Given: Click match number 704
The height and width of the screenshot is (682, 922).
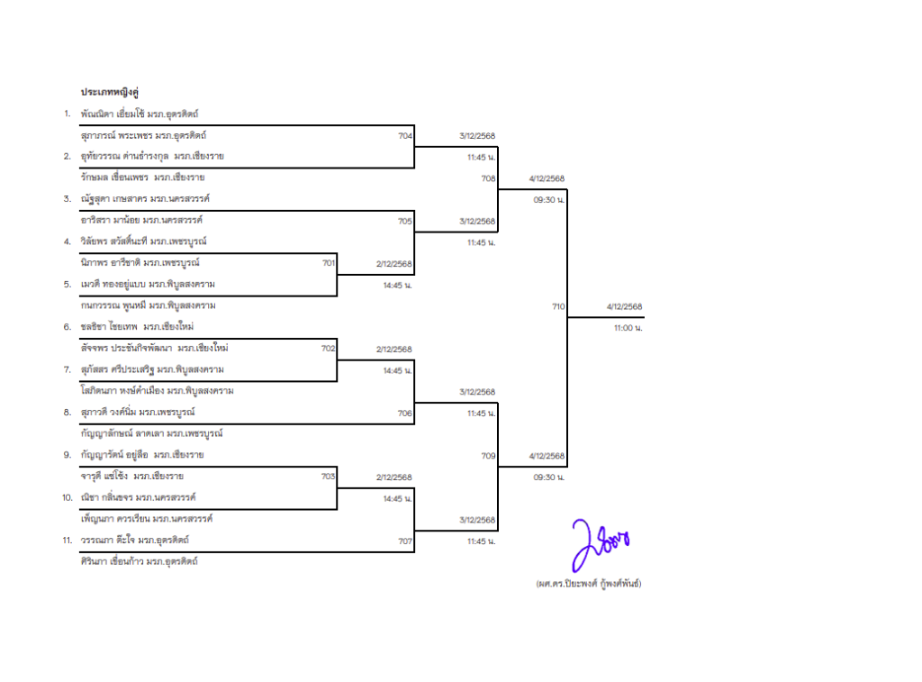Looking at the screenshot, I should pyautogui.click(x=405, y=135).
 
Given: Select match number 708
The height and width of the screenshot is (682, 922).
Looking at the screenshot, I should pyautogui.click(x=488, y=178).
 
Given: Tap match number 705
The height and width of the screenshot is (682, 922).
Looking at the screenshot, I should pyautogui.click(x=405, y=221).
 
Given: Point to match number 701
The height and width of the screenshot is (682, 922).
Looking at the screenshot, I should pyautogui.click(x=329, y=263).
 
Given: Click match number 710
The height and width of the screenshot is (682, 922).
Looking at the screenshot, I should pyautogui.click(x=558, y=306).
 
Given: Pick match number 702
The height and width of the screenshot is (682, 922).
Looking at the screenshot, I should pyautogui.click(x=329, y=349).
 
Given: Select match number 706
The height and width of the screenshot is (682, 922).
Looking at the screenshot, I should pyautogui.click(x=405, y=414).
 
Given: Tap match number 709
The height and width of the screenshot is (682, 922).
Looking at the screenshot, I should pyautogui.click(x=488, y=456).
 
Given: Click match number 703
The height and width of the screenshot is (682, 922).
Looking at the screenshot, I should pyautogui.click(x=329, y=477).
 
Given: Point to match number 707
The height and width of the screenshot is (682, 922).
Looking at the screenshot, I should pyautogui.click(x=405, y=541).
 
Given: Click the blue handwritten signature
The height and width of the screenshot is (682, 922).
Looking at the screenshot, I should pyautogui.click(x=598, y=542).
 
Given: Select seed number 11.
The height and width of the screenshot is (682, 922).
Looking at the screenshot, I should pyautogui.click(x=67, y=541).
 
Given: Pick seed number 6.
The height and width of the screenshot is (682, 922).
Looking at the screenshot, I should pyautogui.click(x=67, y=327).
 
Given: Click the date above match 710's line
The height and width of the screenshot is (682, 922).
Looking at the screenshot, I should pyautogui.click(x=624, y=306).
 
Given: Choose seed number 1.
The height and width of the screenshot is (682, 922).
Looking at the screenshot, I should pyautogui.click(x=67, y=114).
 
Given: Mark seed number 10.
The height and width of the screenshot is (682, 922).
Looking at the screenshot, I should pyautogui.click(x=67, y=498).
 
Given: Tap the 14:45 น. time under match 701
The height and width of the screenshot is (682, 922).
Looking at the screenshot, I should pyautogui.click(x=397, y=285).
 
